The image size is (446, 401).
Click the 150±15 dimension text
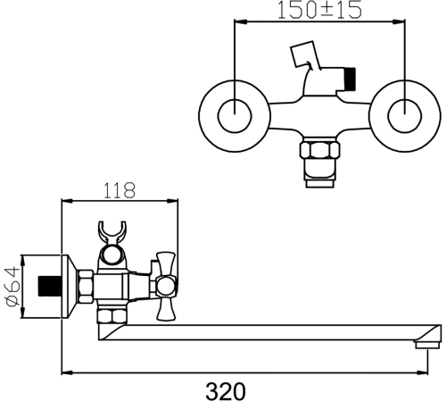coord(319,10)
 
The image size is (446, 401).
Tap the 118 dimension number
coord(120,190)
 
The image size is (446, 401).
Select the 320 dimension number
coord(226,391)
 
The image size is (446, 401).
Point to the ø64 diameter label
coord(12,287)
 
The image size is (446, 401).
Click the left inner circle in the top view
coord(235,115)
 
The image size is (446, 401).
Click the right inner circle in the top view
coord(405,115)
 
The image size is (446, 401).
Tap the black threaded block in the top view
coord(350,79)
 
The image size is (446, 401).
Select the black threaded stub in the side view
coord(50,287)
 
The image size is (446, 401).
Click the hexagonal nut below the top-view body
coord(319,150)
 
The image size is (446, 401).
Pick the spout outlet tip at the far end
coord(427,345)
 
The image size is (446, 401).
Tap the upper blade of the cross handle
coord(166,263)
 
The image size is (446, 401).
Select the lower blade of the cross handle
coord(166,309)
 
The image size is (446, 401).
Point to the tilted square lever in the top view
coord(305,54)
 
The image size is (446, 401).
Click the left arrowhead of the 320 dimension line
coord(67,372)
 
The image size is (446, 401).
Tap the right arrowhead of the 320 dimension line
coord(422,372)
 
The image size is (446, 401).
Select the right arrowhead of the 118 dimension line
coord(172,201)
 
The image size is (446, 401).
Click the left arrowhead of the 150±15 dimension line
coord(241,21)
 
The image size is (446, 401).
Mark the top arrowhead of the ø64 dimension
coord(22,261)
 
